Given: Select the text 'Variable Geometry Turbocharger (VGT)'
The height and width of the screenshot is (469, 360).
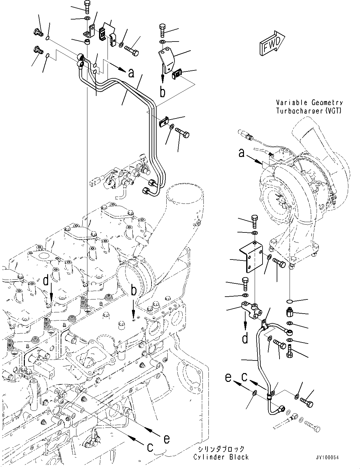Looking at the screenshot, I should coord(309,107).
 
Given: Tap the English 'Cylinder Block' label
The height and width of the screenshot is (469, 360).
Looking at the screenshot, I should coord(221,457).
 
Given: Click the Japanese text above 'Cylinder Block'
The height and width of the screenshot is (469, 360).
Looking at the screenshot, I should coord(221,449).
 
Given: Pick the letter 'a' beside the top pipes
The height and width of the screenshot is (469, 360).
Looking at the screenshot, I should coord(131,73).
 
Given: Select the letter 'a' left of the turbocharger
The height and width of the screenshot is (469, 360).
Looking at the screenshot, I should coord(241,154).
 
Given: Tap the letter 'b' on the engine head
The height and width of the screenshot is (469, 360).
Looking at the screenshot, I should coord(134,291).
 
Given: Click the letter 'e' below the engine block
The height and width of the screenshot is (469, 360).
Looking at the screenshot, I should coord(167,438).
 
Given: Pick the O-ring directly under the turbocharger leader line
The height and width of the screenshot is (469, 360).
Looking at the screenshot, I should coord(291,301).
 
